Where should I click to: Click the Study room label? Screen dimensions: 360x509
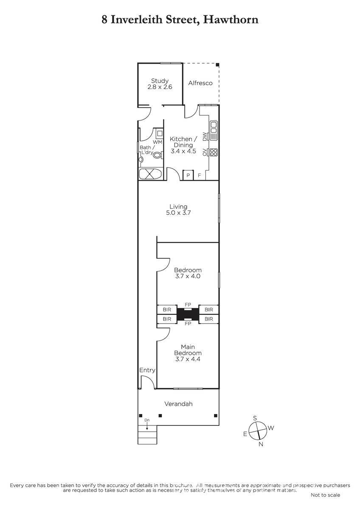(x=160, y=81)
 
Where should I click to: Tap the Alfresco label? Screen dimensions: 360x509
(x=200, y=83)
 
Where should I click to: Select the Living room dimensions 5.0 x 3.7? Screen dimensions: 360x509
(x=178, y=213)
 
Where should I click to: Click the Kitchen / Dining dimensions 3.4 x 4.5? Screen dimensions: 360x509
(x=183, y=151)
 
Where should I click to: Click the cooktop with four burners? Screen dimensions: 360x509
(x=214, y=152)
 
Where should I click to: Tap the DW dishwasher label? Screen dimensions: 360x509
(x=205, y=136)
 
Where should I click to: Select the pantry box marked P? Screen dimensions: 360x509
(x=188, y=175)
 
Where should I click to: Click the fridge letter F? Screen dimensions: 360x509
(x=200, y=175)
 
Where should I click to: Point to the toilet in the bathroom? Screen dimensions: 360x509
(x=157, y=155)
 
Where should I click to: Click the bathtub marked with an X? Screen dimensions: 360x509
(x=150, y=174)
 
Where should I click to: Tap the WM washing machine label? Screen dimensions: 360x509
(x=157, y=142)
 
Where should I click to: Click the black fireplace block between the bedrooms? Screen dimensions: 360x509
(x=188, y=314)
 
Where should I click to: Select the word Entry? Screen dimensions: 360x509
(x=147, y=370)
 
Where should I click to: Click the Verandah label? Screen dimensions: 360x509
(x=178, y=404)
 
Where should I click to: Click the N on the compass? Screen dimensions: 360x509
(x=261, y=444)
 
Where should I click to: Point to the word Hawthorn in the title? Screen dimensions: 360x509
(x=231, y=20)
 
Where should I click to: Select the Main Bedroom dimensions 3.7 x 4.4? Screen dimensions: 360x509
(x=188, y=359)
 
